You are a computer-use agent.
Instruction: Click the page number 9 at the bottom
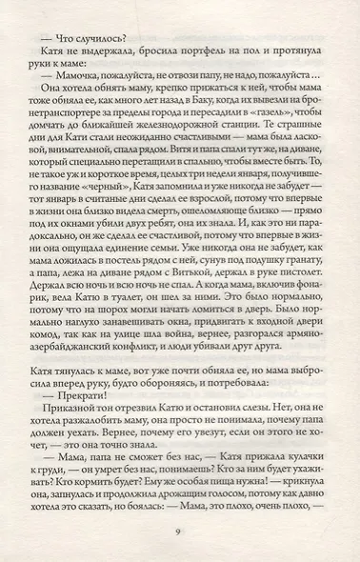[179, 532]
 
